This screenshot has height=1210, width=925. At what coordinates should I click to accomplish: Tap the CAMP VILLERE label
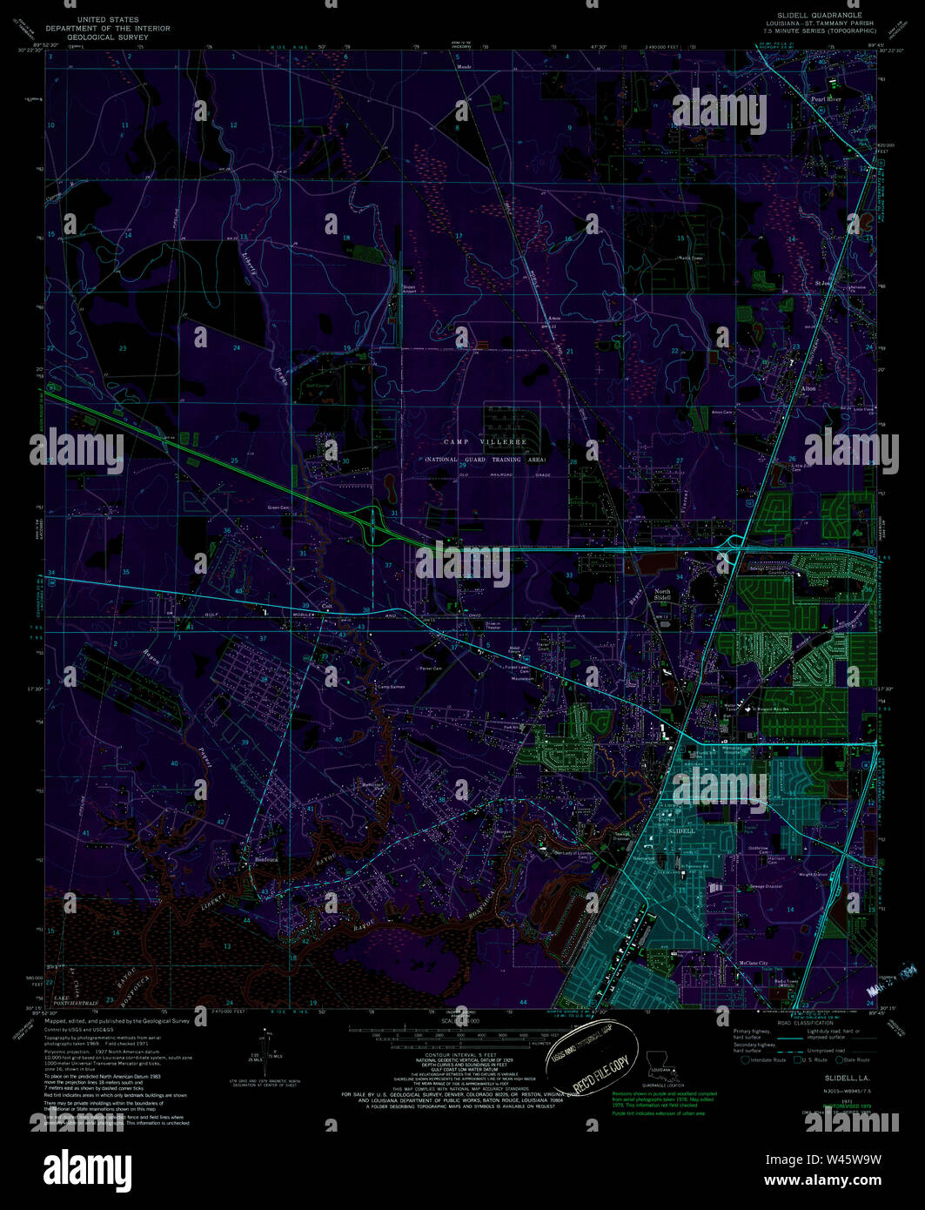click(x=486, y=442)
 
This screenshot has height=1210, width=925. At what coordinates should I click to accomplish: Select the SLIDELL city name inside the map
click(x=681, y=831)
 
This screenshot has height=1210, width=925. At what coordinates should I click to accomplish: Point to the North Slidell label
click(x=662, y=595)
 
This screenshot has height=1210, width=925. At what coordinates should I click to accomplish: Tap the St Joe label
click(x=822, y=283)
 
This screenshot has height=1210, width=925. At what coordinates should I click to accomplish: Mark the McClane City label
click(x=754, y=963)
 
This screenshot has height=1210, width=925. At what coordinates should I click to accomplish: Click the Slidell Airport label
click(x=409, y=290)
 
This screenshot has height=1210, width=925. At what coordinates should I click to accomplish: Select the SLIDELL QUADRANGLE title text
click(x=808, y=16)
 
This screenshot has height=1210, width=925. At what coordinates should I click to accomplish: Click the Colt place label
click(x=327, y=607)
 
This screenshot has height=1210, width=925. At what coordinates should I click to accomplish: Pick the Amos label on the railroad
click(x=554, y=319)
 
